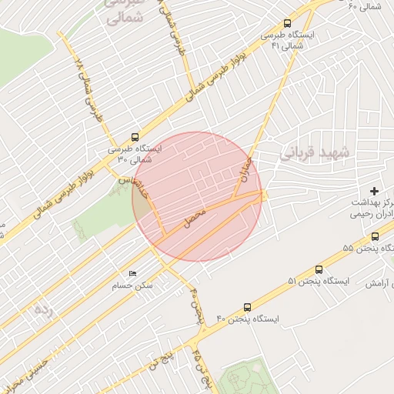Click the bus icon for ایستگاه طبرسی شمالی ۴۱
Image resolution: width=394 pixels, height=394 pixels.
click(x=288, y=24)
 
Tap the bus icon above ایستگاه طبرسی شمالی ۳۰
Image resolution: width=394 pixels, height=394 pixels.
click(x=135, y=133)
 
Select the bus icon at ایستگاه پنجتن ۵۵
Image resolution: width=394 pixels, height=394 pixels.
click(x=375, y=236)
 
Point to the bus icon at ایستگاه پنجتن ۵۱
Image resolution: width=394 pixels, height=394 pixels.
click(x=320, y=269)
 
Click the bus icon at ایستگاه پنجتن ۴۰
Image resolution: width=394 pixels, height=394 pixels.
click(x=247, y=306)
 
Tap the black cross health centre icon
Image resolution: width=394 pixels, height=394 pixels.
click(x=375, y=190)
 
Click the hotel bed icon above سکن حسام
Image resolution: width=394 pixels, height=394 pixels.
click(x=133, y=274)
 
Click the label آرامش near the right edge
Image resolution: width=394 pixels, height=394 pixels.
click(x=379, y=284)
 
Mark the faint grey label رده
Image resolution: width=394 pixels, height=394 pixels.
click(x=42, y=310)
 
